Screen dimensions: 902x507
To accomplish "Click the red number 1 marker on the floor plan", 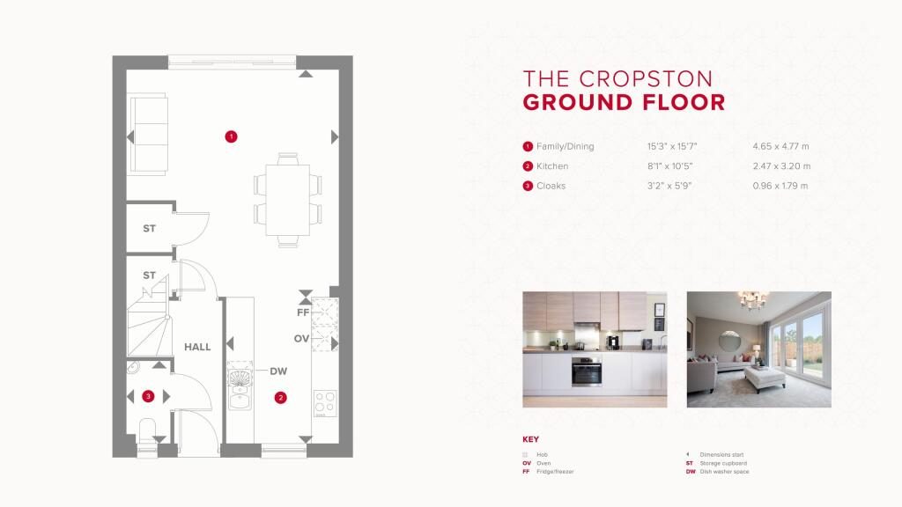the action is (231, 136).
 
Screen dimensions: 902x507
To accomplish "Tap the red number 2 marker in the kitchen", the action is (280, 397).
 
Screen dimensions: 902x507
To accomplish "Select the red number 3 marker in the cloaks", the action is (148, 396).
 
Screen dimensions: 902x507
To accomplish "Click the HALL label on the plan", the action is (197, 347).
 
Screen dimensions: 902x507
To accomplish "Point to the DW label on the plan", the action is (278, 371).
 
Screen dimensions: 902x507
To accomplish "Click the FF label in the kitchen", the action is (303, 312).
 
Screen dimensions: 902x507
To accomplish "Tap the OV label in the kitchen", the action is (301, 339).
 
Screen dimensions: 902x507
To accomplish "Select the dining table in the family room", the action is (288, 200).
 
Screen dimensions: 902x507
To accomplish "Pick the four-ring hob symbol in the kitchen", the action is (325, 403).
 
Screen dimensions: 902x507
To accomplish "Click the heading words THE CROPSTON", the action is (617, 78).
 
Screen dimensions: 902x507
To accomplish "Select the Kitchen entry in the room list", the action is (552, 166).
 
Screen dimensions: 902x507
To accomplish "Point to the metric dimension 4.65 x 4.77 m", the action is (780, 147).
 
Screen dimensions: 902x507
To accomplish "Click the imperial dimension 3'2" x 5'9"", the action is (669, 186).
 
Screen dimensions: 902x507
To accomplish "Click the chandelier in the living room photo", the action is (753, 300).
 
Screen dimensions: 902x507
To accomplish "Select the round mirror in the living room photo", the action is (730, 341).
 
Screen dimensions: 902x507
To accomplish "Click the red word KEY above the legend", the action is (530, 439).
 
